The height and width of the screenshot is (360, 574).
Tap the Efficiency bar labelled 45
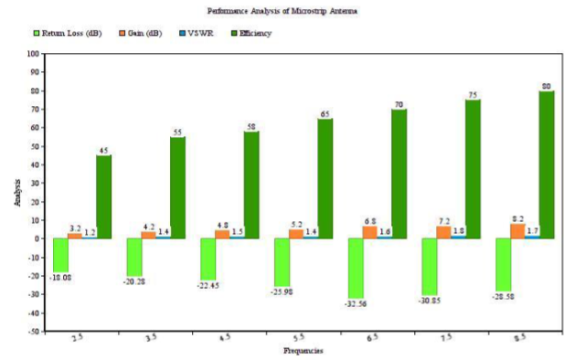pyautogui.click(x=104, y=196)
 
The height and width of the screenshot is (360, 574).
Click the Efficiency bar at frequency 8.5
pyautogui.click(x=547, y=164)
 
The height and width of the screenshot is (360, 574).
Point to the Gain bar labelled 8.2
pyautogui.click(x=518, y=231)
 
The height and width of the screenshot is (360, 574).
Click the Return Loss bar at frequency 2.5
pyautogui.click(x=62, y=255)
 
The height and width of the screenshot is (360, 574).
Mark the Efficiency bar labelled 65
pyautogui.click(x=325, y=178)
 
